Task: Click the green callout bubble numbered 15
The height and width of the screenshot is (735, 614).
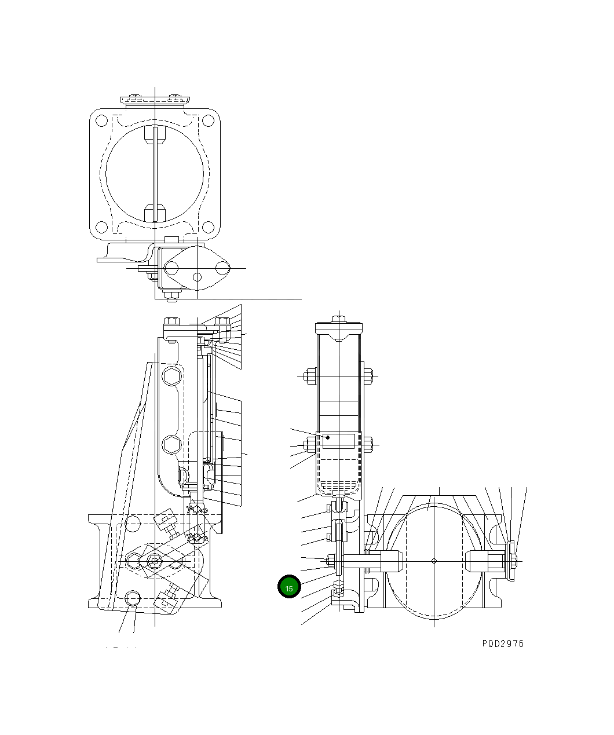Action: [289, 587]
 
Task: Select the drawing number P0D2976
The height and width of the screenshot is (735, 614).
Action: [502, 643]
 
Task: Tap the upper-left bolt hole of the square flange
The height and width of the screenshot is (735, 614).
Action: [101, 121]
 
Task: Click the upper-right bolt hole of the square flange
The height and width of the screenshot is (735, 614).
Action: [207, 121]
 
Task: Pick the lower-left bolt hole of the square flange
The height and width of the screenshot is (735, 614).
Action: [101, 226]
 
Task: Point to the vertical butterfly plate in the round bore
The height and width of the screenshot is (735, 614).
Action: [155, 174]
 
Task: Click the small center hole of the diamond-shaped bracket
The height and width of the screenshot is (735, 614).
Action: [197, 277]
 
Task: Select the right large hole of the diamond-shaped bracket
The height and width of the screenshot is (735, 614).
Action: [222, 268]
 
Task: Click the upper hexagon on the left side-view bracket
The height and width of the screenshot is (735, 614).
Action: [171, 377]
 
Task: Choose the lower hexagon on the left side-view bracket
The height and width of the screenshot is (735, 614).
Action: [171, 444]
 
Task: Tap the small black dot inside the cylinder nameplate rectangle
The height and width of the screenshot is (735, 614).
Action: [328, 437]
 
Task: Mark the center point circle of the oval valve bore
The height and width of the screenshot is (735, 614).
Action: [434, 560]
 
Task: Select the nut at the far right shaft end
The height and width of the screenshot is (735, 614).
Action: [513, 560]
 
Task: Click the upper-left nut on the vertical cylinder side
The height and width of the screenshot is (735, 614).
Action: [308, 376]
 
